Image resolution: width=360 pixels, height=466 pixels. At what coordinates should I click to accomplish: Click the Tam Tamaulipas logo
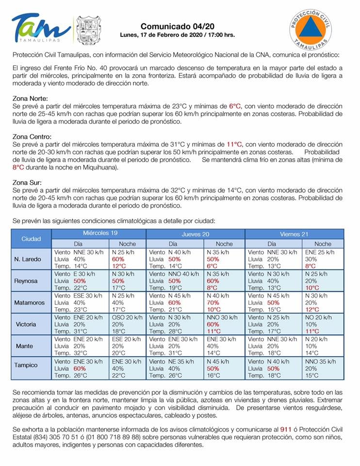41,28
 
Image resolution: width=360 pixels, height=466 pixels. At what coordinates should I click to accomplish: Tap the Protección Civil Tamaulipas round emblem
311,29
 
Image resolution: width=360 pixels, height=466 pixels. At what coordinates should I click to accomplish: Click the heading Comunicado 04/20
177,26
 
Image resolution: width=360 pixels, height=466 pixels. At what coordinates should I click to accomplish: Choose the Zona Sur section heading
28,183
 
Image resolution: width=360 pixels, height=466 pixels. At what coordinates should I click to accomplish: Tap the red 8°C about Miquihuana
18,167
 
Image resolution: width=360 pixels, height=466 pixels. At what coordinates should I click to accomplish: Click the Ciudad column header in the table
31,239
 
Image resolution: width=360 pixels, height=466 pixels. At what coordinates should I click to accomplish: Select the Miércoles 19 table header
99,233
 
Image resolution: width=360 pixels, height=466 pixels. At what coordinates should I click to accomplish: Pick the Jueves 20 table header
196,234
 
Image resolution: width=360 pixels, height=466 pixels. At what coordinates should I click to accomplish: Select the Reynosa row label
26,281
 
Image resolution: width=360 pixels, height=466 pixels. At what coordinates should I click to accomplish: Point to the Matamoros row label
30,303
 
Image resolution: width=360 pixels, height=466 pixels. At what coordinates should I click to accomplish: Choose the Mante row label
24,346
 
